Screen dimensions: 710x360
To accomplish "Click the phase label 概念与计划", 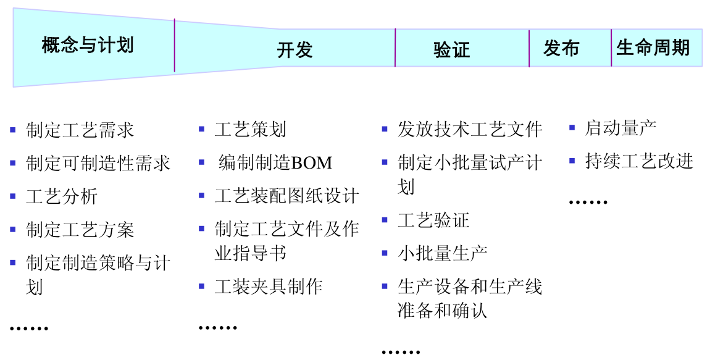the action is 88,45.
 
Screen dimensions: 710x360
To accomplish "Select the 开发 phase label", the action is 294,50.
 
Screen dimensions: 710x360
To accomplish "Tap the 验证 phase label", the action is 452,50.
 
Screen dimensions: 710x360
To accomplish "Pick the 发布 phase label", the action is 561,48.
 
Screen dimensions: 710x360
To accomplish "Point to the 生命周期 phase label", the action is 653,48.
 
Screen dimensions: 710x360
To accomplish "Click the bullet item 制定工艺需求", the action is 80,130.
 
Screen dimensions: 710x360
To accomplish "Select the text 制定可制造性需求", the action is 98,163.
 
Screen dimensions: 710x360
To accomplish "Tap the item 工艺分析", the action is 62,196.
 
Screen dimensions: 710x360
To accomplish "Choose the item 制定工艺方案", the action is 80,230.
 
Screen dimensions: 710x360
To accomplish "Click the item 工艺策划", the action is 250,130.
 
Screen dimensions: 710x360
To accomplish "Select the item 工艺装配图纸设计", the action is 286,196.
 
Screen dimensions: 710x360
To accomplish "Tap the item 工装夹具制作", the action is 268,287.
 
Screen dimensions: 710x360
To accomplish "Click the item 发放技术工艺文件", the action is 469,129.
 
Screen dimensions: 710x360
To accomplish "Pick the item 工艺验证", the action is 433,220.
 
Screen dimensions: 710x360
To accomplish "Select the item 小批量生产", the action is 443,253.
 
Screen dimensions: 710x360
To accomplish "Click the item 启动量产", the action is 620,128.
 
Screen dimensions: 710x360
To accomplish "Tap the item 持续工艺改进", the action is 638,161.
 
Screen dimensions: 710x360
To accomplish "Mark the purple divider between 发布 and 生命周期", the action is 611,48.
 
